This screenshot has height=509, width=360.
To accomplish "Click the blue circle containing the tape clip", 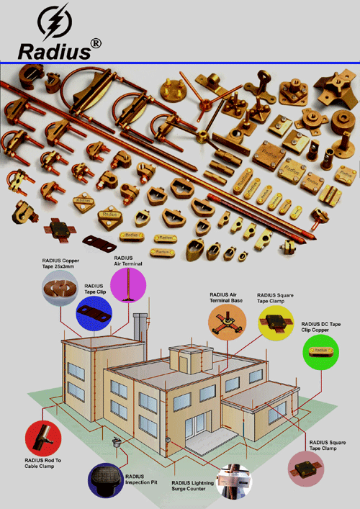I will click(94, 312).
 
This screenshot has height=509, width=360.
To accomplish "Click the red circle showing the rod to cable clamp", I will click(44, 438).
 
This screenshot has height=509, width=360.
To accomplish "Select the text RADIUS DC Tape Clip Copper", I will click(325, 328).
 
